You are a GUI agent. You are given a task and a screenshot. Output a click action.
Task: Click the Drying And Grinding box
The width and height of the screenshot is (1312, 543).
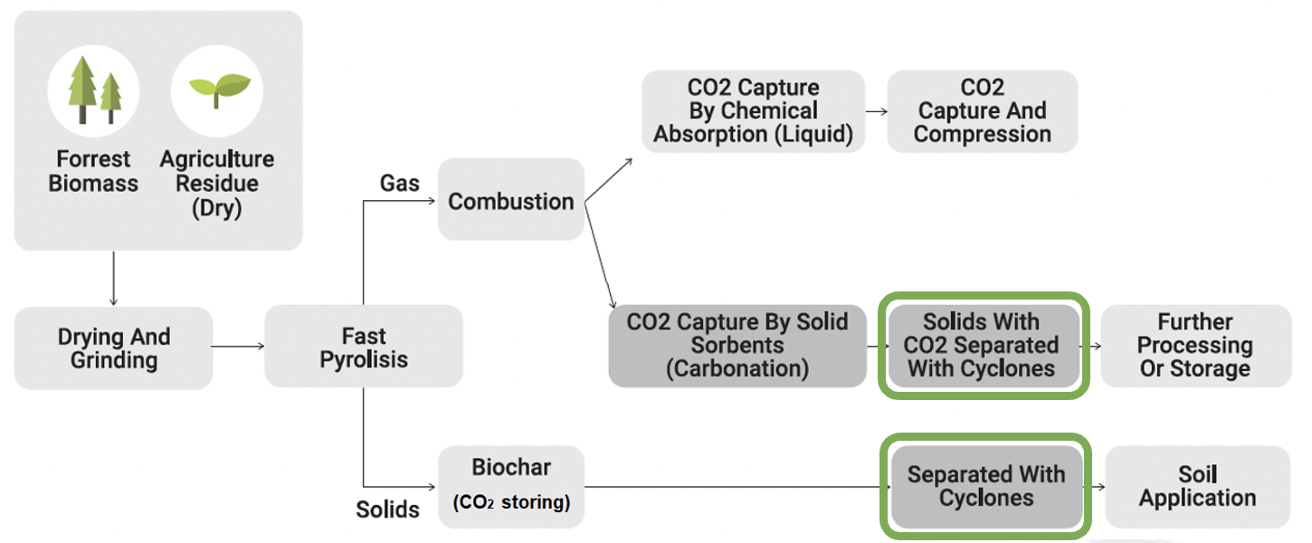pos(114,348)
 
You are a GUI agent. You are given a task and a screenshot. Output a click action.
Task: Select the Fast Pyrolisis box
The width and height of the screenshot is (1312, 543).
pos(364,347)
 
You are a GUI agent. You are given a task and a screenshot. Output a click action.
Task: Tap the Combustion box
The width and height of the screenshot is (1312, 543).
pos(510,199)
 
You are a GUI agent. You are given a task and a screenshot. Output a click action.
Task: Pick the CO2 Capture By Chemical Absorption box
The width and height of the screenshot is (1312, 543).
pos(753,111)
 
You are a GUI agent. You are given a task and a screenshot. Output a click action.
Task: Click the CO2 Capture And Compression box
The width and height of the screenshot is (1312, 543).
pos(983,111)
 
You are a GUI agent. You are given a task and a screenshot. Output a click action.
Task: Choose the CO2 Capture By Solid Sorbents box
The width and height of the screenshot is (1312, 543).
pos(737,346)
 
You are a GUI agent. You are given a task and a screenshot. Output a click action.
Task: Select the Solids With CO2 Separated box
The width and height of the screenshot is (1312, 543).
pos(984,346)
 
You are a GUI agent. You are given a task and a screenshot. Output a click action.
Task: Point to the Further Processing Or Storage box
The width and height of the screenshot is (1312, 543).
pos(1196,346)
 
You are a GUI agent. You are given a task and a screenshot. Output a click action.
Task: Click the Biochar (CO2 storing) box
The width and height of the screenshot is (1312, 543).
pos(510,487)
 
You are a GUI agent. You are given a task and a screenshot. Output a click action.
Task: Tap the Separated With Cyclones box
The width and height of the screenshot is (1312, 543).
pos(986,487)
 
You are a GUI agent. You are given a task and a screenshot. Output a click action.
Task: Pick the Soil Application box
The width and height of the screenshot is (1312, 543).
pos(1197,487)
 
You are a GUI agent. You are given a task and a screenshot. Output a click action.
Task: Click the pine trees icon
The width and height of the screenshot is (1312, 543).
pos(94,90)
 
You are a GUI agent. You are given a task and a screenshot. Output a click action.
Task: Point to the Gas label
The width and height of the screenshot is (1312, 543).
pos(399,184)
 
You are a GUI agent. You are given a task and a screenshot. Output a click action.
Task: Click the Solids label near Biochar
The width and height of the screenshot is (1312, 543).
pos(388,510)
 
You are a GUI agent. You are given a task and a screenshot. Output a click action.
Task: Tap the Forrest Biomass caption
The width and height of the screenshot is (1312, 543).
pos(93,171)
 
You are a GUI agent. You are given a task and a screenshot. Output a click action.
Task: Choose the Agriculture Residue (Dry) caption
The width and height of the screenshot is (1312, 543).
pos(217,184)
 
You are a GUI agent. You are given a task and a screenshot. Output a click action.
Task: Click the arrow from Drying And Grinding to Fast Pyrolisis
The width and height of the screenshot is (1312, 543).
pos(238,347)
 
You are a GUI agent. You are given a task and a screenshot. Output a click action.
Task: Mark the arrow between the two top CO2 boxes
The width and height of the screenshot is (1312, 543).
pos(876,111)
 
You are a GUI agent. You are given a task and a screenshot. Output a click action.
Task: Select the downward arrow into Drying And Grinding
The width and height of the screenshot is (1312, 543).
pos(114,279)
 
